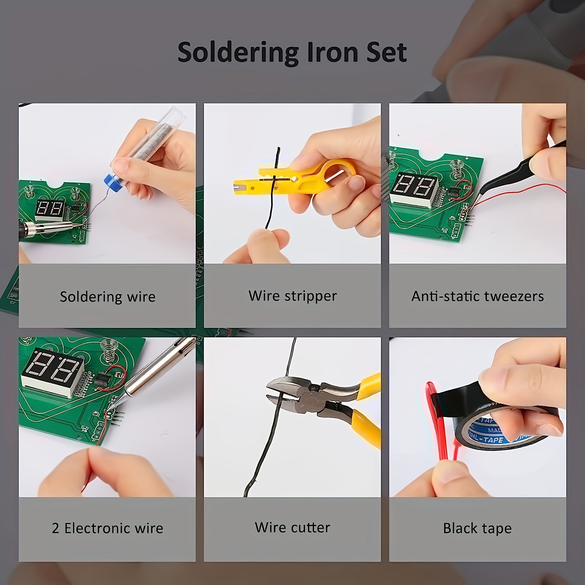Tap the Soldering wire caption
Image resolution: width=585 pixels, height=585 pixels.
coord(107,297)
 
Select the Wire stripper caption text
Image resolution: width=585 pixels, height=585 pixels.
coord(292,296)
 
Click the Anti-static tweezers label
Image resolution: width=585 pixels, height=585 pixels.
coord(477,296)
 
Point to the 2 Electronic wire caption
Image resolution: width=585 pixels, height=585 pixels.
coord(107,528)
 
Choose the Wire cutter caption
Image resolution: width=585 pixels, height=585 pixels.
coord(292,527)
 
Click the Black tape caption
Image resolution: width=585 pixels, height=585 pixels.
coord(477,528)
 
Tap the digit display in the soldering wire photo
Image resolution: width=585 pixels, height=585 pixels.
coord(50,209)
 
